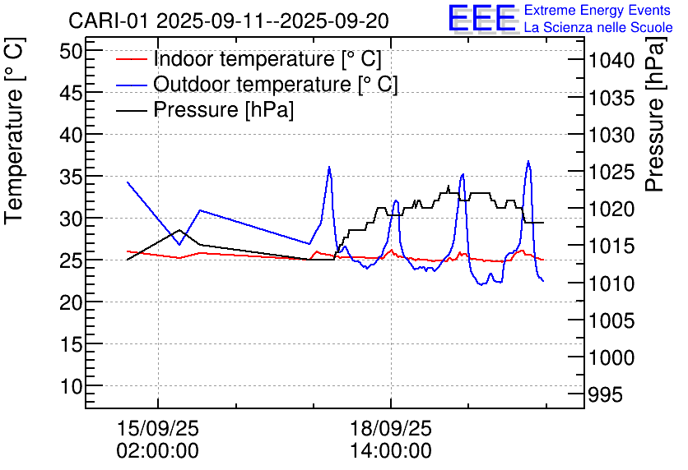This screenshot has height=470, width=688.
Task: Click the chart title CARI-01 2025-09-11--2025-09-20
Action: tap(229, 20)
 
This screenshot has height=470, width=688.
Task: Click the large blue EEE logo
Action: tap(482, 18)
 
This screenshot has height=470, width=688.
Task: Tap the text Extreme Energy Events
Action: tap(597, 11)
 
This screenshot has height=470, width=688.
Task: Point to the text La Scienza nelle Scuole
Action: tap(598, 27)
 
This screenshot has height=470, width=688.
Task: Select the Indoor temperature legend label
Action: tap(267, 59)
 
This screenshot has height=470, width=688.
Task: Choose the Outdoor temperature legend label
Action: tap(276, 85)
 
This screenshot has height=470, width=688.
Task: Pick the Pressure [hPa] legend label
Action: tap(224, 110)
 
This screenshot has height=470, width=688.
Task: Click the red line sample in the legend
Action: tap(132, 59)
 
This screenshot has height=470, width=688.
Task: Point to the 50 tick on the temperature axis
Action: tap(72, 50)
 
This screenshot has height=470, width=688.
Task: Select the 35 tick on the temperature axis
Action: tap(72, 176)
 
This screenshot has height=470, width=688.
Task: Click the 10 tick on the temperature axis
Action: tap(72, 385)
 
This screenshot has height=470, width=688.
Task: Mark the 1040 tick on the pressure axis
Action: tap(611, 60)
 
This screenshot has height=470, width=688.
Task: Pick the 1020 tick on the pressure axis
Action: tap(611, 209)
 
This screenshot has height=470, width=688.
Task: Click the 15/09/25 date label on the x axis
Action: tap(159, 428)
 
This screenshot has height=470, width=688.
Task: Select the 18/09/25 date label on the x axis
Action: tap(391, 428)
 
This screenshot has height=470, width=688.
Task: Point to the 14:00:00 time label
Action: tap(391, 450)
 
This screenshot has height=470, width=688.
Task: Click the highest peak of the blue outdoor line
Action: tap(528, 162)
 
